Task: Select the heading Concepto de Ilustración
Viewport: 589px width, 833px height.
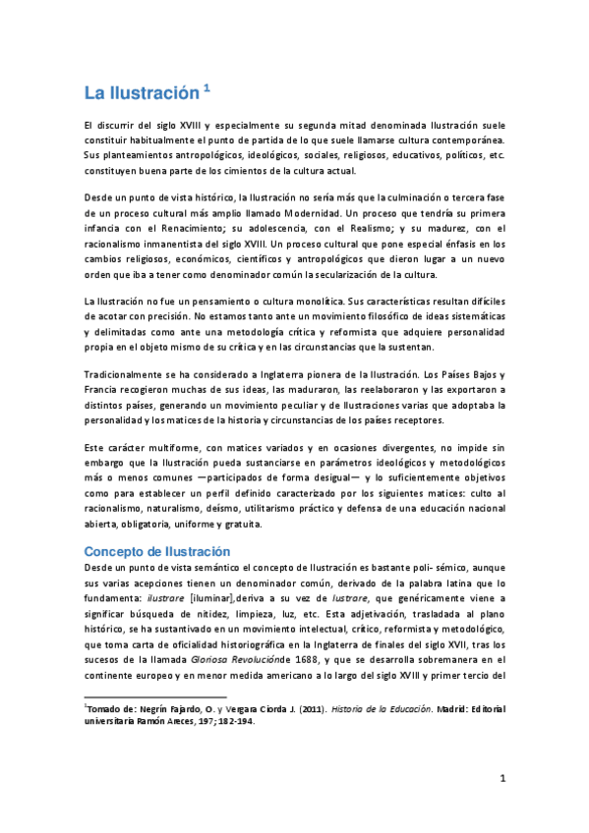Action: click(157, 552)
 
